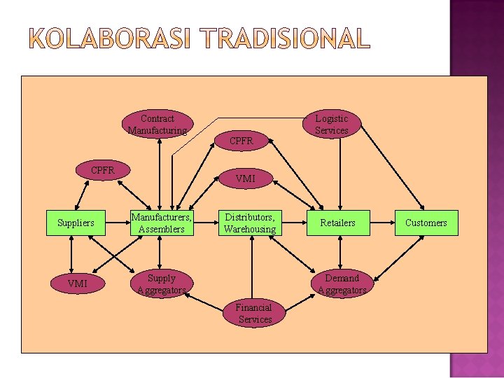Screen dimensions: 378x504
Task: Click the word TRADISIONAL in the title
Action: coord(284,39)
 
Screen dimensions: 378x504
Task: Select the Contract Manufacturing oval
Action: coord(157,125)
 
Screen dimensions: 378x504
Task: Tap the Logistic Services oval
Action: coord(331,125)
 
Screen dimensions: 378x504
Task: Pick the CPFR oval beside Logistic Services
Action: coord(241,141)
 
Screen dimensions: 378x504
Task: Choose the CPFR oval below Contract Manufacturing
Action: coord(103,170)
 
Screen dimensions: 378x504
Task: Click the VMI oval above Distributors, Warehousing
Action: coord(246,178)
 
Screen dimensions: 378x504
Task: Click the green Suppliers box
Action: coord(76,223)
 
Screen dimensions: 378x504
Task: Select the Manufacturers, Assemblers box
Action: coord(162,223)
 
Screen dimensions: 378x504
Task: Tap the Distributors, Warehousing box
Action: coord(250,223)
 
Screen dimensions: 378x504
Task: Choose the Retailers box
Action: coord(337,223)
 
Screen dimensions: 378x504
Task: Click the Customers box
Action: coord(426,223)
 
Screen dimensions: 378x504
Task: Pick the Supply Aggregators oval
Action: coord(162,283)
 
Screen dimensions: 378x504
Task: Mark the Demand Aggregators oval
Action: coord(342,283)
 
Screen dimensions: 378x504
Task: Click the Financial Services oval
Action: coord(254,313)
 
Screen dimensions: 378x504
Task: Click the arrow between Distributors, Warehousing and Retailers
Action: coord(293,223)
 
